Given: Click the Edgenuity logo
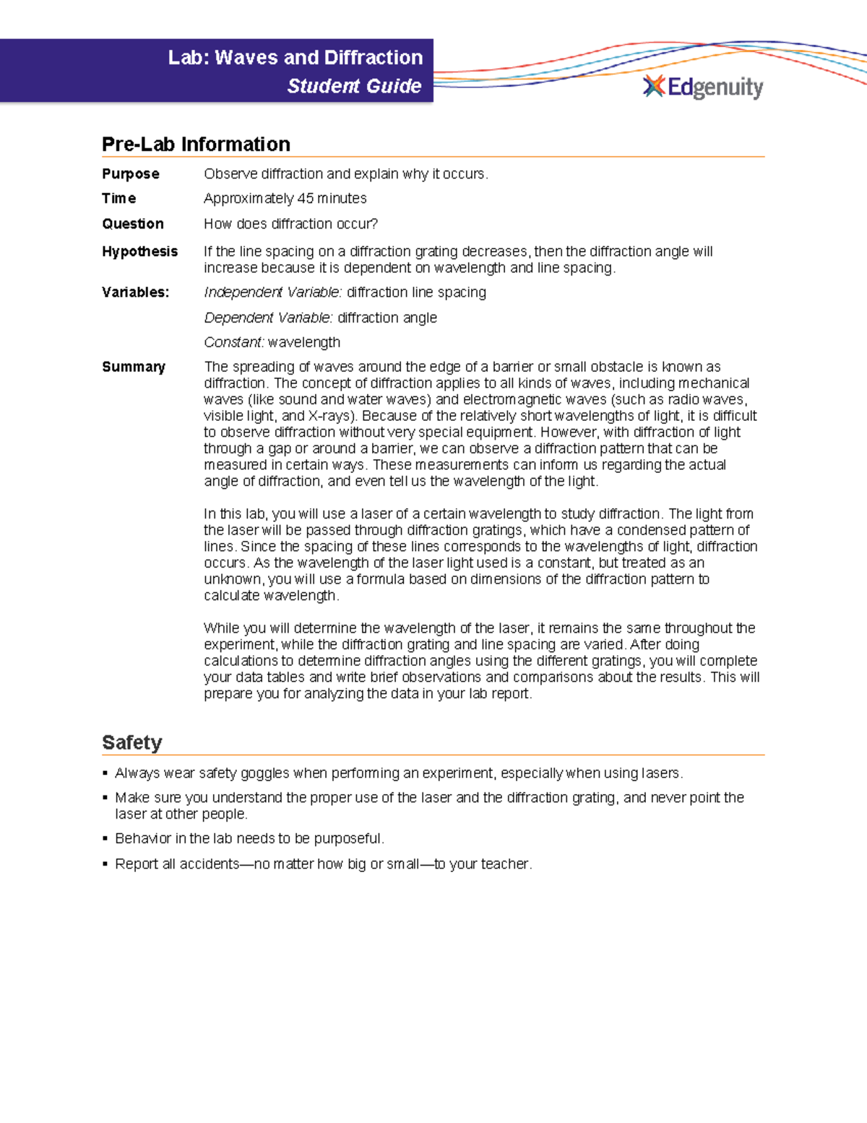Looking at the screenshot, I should click(703, 87).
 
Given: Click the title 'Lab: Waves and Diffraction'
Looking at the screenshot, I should click(295, 57).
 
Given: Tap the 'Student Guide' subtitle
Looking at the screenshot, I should click(354, 86).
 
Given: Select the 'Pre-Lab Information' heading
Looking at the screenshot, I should click(196, 144).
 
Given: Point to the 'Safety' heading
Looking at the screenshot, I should click(131, 743).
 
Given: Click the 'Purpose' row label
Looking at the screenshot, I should click(131, 174).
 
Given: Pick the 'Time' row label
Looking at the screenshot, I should click(119, 199).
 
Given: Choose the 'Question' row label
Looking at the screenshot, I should click(133, 224).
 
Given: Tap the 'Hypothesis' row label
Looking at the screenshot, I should click(139, 252).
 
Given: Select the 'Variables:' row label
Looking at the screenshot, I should click(135, 292).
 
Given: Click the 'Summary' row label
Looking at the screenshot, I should click(134, 367).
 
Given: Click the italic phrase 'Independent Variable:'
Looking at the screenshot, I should click(272, 292).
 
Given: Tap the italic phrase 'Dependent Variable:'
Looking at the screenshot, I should click(268, 318).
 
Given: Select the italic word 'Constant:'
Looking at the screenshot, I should click(234, 343).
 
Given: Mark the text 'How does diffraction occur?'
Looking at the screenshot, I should click(290, 224).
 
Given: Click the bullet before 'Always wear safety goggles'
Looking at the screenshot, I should click(105, 774).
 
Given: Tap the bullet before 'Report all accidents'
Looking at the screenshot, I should click(105, 864).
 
